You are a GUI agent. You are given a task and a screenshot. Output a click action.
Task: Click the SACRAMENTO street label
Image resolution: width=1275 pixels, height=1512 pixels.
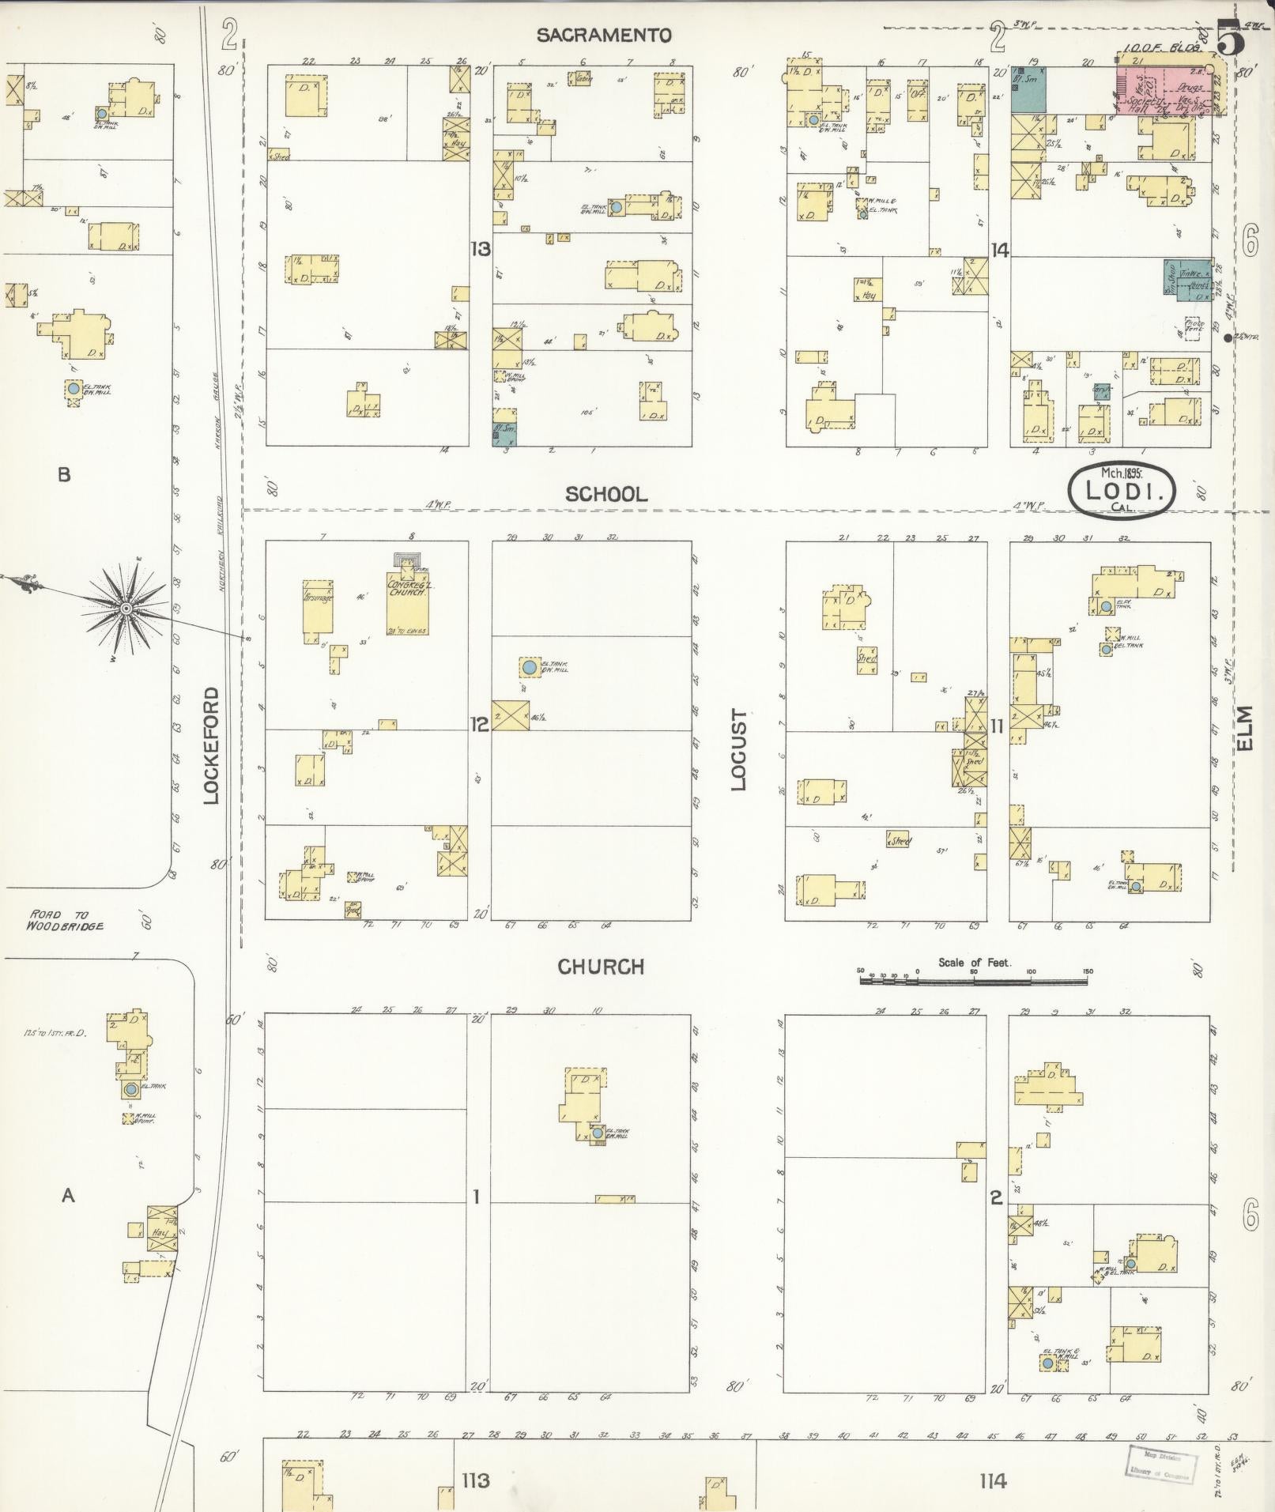tap(604, 36)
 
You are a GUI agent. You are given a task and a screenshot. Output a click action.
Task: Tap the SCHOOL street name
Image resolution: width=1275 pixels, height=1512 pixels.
tap(606, 495)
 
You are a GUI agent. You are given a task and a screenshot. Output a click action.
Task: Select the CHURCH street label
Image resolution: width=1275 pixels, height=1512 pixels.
tap(601, 967)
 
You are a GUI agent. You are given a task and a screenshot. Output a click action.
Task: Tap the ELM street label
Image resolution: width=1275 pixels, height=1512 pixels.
tap(1247, 729)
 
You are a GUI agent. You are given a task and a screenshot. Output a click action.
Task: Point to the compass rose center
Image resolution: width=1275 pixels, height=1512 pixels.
tap(126, 607)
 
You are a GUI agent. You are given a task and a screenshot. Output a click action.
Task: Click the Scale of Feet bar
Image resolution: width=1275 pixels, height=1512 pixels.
tap(974, 980)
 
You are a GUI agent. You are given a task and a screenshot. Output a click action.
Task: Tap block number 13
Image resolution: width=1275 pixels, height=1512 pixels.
tap(480, 250)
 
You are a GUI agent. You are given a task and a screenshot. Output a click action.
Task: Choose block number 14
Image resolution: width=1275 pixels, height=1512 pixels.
tap(1000, 251)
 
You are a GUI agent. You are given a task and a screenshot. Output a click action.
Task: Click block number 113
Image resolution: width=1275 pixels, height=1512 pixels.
tap(476, 1480)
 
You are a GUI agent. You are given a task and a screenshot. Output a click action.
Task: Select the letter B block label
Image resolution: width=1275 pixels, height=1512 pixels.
tap(64, 475)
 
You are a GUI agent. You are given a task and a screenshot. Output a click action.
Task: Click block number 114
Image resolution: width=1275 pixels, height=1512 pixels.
tap(992, 1480)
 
